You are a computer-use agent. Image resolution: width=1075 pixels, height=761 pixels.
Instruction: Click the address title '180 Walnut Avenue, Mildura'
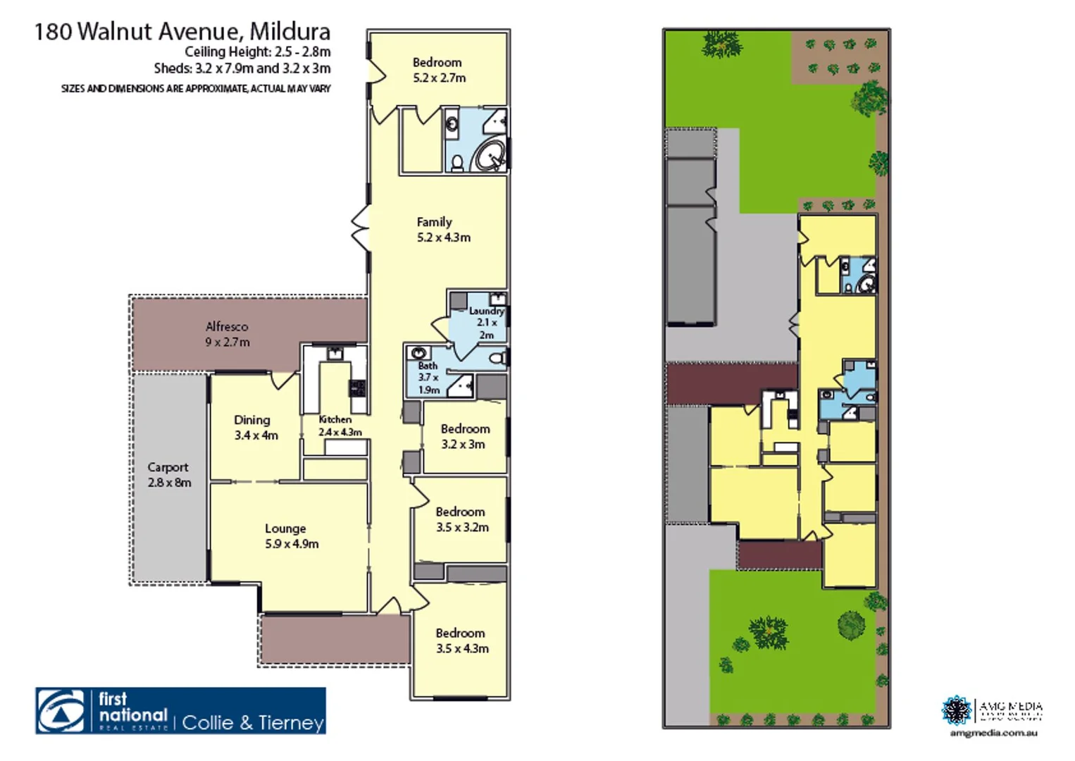182,32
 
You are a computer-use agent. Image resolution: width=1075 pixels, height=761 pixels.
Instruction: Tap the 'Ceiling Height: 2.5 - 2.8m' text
257,52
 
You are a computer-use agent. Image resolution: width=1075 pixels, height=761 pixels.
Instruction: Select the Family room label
443,230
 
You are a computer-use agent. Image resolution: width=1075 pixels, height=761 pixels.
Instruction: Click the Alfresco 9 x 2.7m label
227,335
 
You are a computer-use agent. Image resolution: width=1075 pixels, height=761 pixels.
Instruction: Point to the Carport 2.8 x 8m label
168,475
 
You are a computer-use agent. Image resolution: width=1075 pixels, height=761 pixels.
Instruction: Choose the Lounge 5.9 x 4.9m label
291,536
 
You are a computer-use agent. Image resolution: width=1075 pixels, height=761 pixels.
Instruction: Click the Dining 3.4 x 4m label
255,428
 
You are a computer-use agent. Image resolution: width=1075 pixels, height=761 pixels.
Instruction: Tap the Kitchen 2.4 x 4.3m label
340,426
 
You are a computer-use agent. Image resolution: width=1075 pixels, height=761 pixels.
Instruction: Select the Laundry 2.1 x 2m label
486,323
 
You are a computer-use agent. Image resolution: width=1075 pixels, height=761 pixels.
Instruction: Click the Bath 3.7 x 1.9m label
428,378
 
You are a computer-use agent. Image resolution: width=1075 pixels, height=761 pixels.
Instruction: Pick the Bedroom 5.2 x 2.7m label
438,70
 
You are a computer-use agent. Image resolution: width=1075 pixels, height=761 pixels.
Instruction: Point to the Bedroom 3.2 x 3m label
464,436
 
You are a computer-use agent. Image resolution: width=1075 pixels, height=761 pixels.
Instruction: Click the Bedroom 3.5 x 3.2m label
461,519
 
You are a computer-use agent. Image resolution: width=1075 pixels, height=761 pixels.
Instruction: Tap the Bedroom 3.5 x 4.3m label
461,641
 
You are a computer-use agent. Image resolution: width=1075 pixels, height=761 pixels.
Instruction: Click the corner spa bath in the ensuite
490,154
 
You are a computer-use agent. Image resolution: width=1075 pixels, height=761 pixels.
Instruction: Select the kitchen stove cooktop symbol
357,388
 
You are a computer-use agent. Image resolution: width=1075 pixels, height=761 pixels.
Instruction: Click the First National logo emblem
61,711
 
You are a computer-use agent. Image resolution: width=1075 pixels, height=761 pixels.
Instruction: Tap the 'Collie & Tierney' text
253,723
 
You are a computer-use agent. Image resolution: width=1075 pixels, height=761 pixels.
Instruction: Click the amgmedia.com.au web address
993,734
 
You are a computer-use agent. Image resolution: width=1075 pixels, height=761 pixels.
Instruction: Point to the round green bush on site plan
851,625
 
